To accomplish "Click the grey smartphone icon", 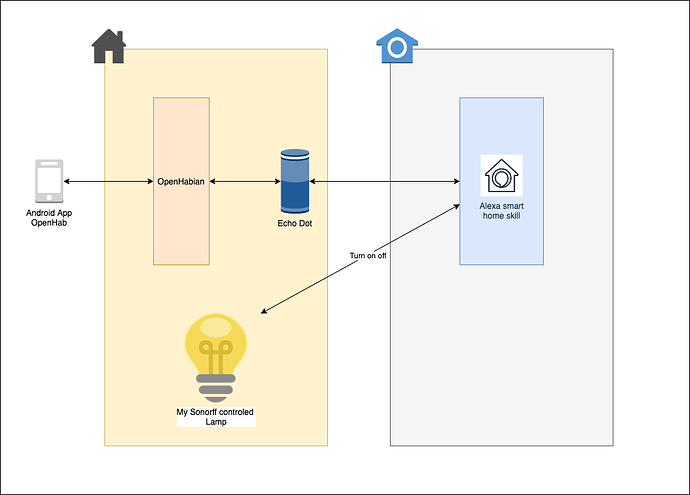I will pos(47,182).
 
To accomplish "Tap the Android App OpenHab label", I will pos(47,218).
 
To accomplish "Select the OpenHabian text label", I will pos(181,182).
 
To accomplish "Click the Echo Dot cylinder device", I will pos(295,181).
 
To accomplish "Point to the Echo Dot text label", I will pos(295,223).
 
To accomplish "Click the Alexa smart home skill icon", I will pos(501,176).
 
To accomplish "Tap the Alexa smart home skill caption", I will pos(502,210).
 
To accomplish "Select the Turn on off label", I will pos(368,255).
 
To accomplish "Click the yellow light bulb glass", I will pos(216,335).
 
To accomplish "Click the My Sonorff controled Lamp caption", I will pos(216,416).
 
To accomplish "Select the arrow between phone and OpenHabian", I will pos(107,181).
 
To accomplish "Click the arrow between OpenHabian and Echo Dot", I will pos(244,181).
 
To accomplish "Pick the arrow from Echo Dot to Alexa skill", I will pos(385,181).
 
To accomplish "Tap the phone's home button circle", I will pos(47,201).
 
